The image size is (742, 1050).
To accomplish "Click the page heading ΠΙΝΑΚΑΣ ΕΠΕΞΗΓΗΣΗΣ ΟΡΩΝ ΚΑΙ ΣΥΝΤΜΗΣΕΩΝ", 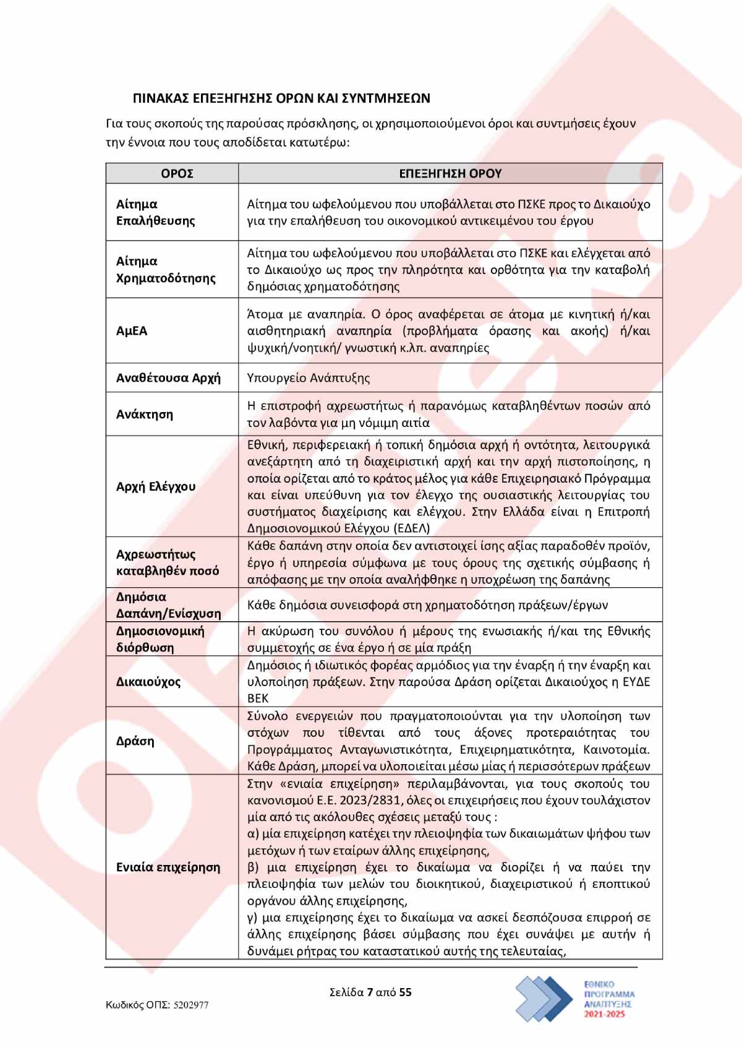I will (281, 98).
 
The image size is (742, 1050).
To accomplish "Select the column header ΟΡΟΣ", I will (177, 174).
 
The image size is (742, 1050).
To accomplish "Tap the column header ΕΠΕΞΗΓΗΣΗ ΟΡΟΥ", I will (450, 174).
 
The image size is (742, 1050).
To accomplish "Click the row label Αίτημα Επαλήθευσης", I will (156, 212).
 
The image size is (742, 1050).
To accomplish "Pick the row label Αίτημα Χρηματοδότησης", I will (166, 269).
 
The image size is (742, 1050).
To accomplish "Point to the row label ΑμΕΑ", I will (132, 331).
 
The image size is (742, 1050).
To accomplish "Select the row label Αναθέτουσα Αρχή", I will (168, 377).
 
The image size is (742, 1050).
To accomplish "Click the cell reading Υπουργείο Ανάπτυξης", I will (308, 377).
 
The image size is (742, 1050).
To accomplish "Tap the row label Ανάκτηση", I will (145, 414).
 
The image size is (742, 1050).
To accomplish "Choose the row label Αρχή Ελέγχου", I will (156, 486).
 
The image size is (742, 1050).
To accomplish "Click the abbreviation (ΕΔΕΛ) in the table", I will (411, 528).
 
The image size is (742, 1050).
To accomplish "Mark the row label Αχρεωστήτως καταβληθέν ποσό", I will (168, 562).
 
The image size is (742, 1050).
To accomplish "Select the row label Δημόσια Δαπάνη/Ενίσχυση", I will (168, 605).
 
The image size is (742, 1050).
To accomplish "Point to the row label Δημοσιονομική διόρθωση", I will (160, 639).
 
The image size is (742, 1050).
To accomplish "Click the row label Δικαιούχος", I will (148, 682).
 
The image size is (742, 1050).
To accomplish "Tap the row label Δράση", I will (135, 741).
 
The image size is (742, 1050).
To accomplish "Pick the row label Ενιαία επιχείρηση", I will (168, 867).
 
